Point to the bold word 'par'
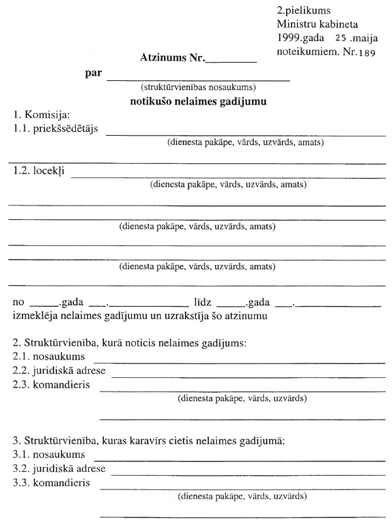pos(93,73)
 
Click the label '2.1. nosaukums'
pos(50,358)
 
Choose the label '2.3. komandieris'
pos(52,384)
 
